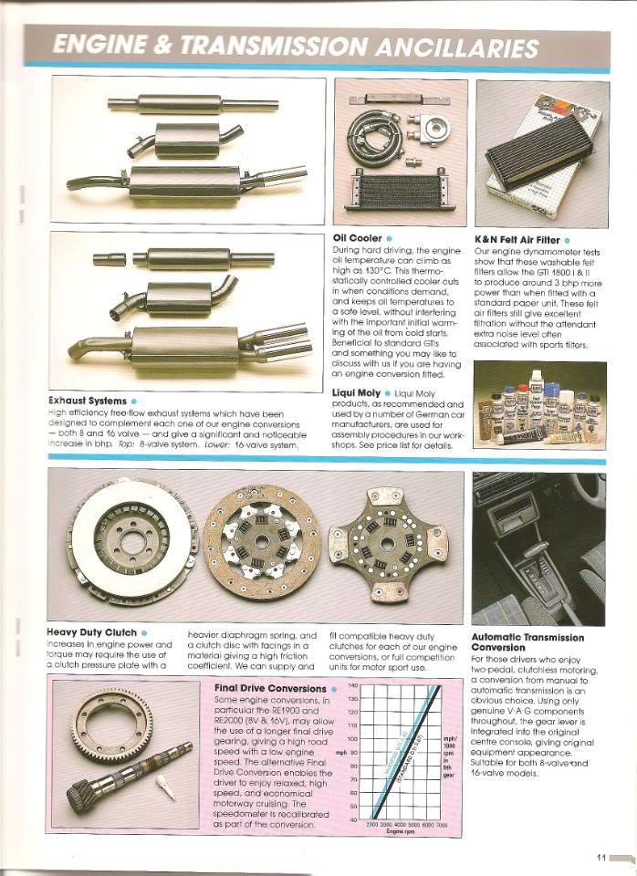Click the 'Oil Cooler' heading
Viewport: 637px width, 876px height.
[358, 239]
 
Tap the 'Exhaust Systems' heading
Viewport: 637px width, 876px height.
[87, 400]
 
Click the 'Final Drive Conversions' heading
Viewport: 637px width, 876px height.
[269, 688]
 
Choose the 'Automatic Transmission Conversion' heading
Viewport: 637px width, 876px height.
[527, 642]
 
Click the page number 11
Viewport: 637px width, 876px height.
[601, 857]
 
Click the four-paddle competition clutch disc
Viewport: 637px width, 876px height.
[388, 544]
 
